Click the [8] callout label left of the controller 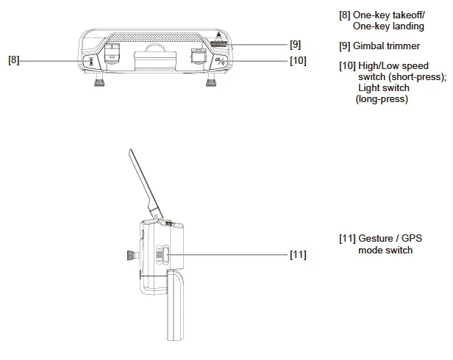14,60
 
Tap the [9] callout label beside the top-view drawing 294,44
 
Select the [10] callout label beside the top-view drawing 297,60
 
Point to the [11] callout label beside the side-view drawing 297,255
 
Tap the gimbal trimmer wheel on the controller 218,44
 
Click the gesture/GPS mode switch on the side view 165,255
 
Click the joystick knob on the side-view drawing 131,257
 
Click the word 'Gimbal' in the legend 369,46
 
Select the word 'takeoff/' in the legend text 406,15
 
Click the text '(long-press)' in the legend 382,99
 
